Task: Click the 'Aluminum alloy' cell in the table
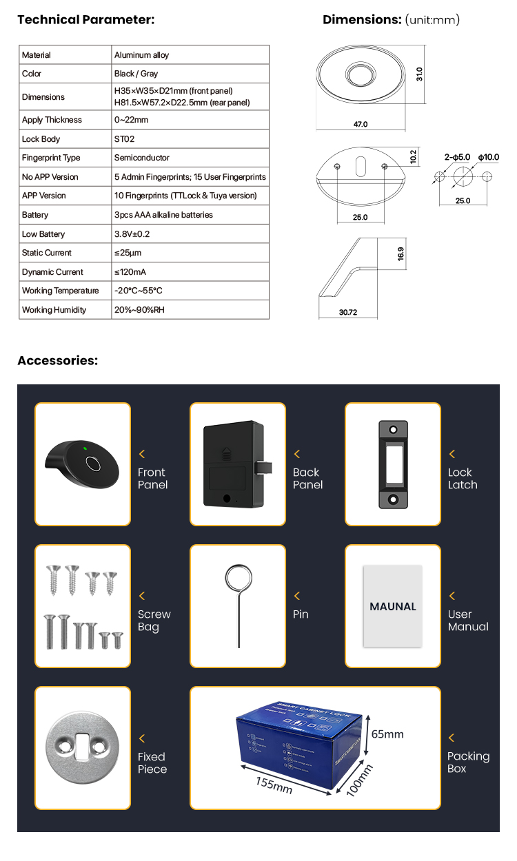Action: pyautogui.click(x=141, y=55)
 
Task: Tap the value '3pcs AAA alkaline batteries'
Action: pyautogui.click(x=163, y=215)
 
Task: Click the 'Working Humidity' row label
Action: pyautogui.click(x=54, y=310)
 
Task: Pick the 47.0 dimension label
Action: pyautogui.click(x=361, y=125)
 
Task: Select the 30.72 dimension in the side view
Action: pyautogui.click(x=348, y=312)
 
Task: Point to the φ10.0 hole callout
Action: pyautogui.click(x=488, y=157)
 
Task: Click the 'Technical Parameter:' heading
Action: pyautogui.click(x=85, y=19)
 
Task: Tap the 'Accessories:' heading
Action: pyautogui.click(x=57, y=360)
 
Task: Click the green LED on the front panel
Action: pyautogui.click(x=84, y=450)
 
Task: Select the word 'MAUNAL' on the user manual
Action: pyautogui.click(x=393, y=607)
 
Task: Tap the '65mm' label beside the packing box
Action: pyautogui.click(x=387, y=734)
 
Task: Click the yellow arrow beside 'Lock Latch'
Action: pyautogui.click(x=452, y=454)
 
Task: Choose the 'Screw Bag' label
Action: pyautogui.click(x=154, y=621)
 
